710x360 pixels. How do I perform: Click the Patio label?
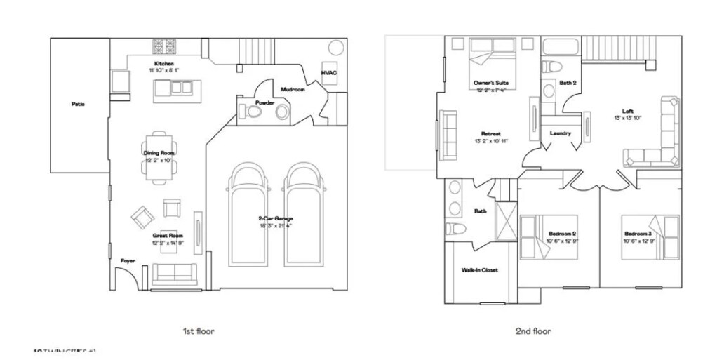pos(78,104)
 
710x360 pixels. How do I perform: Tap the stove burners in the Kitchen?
pos(166,47)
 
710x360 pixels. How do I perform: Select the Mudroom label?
pos(292,90)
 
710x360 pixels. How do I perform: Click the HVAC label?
pos(329,73)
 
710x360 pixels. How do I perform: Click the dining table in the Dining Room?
pos(159,156)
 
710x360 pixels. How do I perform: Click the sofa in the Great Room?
pos(175,272)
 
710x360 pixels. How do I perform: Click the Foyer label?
pos(127,261)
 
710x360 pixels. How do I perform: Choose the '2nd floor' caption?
pos(534,331)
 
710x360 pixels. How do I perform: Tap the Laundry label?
pos(560,133)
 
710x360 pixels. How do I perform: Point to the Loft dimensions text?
pos(629,117)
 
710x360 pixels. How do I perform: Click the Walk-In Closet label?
pos(480,269)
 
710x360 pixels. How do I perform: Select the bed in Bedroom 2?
pos(549,237)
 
